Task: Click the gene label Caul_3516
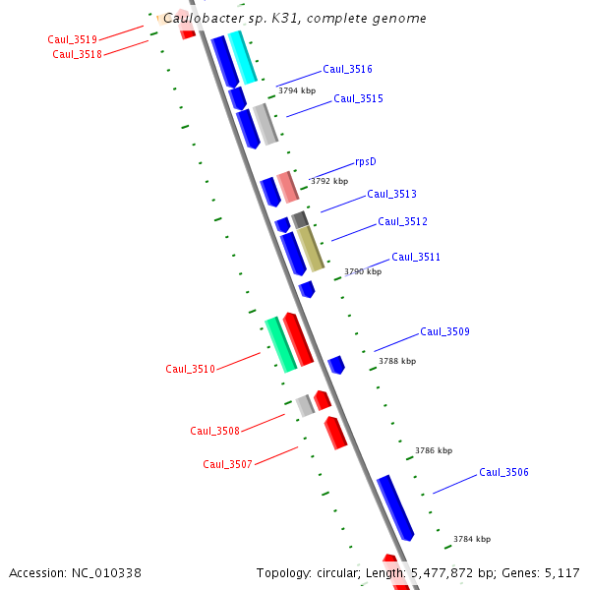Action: coord(347,70)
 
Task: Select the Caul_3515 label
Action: coord(358,98)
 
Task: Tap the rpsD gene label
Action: coord(366,162)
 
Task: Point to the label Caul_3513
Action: coord(391,194)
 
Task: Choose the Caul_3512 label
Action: coord(402,221)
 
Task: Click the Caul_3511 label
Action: coord(416,257)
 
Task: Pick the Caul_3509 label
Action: coord(444,331)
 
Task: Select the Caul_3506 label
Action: coord(503,472)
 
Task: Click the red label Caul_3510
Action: coord(190,369)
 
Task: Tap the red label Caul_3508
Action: coord(214,431)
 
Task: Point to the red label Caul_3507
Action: coord(227,464)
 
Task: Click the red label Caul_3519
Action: coord(72,39)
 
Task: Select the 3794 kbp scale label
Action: coord(297,90)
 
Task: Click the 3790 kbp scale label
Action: coord(363,271)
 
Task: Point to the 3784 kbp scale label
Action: coord(472,539)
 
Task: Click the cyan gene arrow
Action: coord(242,57)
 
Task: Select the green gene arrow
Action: coord(280,344)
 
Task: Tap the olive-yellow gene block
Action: coord(311,249)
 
